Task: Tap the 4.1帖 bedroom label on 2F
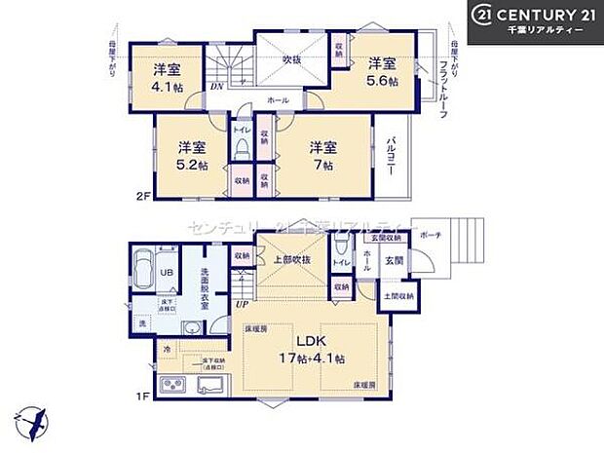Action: point(165,77)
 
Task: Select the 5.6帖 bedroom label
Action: point(381,73)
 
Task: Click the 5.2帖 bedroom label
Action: point(191,156)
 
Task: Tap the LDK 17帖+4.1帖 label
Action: point(307,350)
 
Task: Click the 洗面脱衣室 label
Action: point(206,289)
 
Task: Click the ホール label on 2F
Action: point(279,99)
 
